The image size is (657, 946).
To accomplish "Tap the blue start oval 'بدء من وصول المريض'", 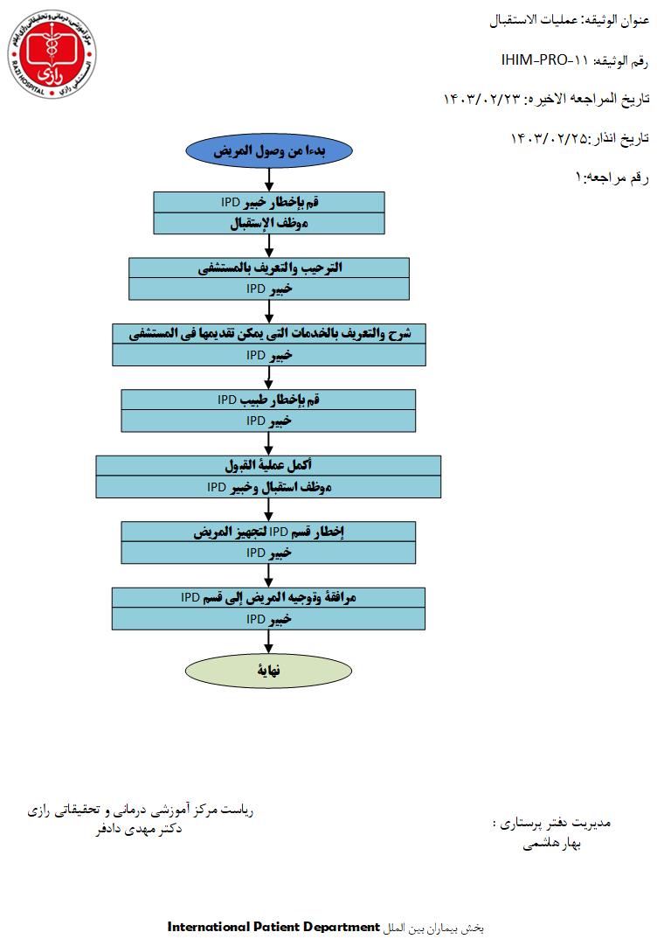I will pyautogui.click(x=269, y=150).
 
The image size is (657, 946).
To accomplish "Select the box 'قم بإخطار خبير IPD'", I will pyautogui.click(x=269, y=202).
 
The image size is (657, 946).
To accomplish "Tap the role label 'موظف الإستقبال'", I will pyautogui.click(x=269, y=224).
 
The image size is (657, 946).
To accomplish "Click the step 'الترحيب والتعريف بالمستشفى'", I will pyautogui.click(x=269, y=268).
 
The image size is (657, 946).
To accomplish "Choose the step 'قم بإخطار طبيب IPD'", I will pyautogui.click(x=269, y=400).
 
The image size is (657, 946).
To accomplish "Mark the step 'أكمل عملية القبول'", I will pyautogui.click(x=269, y=465).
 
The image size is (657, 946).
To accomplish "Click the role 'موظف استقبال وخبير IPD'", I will pyautogui.click(x=269, y=487).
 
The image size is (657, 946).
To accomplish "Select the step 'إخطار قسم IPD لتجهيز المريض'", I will pyautogui.click(x=269, y=532).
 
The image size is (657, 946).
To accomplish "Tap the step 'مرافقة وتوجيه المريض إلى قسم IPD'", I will pyautogui.click(x=269, y=597).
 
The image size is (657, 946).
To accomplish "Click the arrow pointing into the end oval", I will pyautogui.click(x=269, y=644).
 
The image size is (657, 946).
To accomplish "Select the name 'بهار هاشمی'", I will pyautogui.click(x=551, y=844).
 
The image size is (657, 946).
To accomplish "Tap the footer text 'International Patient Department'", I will pyautogui.click(x=273, y=926).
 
